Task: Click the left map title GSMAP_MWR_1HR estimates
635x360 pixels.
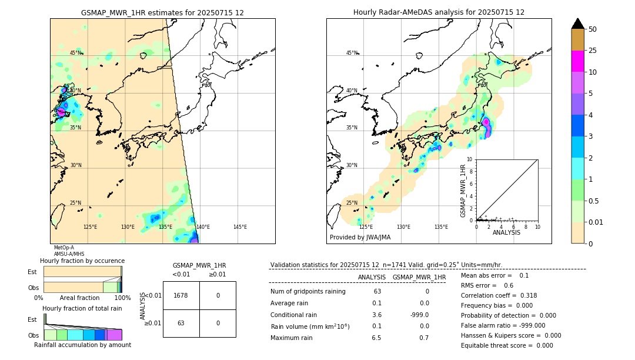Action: click(162, 12)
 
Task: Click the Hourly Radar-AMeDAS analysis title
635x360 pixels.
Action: click(439, 12)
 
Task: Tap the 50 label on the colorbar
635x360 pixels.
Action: click(593, 29)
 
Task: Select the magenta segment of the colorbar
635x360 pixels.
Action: click(577, 61)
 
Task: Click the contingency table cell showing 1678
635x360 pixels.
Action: click(181, 295)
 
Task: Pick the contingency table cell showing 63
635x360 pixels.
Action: click(181, 323)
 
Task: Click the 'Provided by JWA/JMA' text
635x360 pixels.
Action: click(360, 238)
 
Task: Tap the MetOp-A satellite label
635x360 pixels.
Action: click(63, 248)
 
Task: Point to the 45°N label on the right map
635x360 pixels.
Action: click(352, 53)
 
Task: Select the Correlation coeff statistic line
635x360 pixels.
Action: click(499, 295)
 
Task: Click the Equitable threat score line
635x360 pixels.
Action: click(507, 345)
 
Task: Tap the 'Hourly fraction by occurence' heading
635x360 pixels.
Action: click(82, 261)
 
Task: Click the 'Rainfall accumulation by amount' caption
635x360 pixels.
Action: click(82, 345)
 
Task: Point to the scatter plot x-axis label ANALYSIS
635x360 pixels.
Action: click(506, 232)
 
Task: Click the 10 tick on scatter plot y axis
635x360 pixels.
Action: click(470, 159)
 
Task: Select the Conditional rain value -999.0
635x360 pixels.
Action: click(419, 315)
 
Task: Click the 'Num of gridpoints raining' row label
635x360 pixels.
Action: click(308, 292)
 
